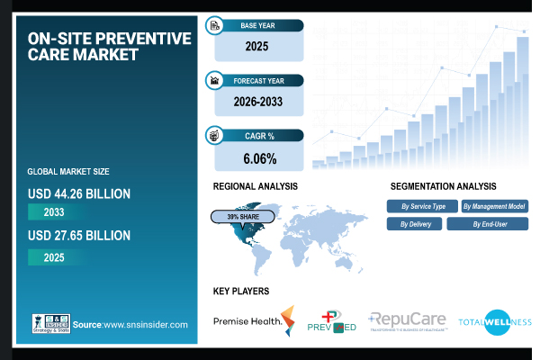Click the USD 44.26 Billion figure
(79, 193)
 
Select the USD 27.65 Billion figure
(79, 236)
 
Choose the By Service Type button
(423, 206)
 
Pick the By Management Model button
(495, 206)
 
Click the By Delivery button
(415, 223)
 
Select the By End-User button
(487, 223)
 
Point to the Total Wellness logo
(495, 321)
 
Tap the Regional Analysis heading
(255, 186)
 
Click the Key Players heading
(240, 292)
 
